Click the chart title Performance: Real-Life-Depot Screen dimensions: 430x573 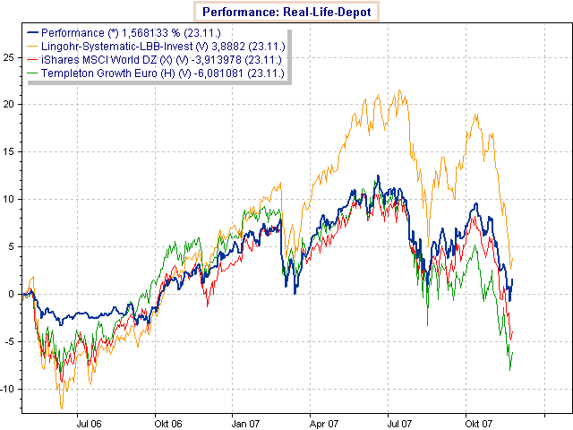286,13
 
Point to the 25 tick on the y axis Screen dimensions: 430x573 10,56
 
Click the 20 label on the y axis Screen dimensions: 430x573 10,104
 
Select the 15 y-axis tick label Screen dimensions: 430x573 10,151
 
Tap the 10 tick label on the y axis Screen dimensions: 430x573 10,199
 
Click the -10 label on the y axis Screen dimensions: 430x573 8,389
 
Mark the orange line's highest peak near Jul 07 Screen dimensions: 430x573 398,90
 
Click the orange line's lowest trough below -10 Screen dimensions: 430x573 62,408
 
